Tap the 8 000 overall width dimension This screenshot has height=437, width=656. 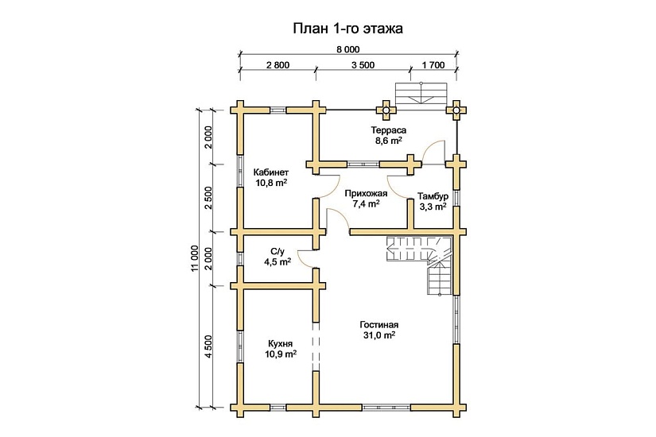(347, 49)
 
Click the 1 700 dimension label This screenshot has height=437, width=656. (433, 65)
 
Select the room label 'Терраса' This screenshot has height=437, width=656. (389, 130)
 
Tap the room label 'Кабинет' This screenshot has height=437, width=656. (270, 172)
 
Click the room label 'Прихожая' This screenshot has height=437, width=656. (366, 193)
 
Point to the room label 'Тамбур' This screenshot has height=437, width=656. (433, 196)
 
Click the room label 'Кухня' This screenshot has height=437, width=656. (281, 342)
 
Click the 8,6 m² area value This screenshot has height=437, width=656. (389, 140)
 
